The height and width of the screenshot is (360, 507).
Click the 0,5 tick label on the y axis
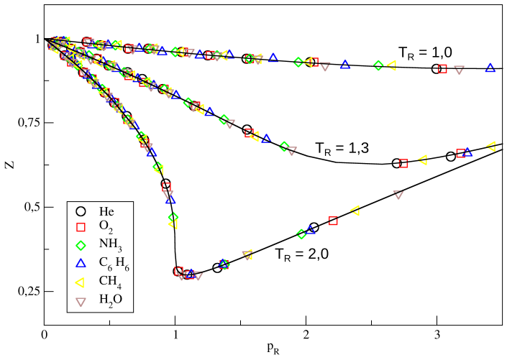[x=30, y=207]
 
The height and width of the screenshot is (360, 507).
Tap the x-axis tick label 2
[x=306, y=334]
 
